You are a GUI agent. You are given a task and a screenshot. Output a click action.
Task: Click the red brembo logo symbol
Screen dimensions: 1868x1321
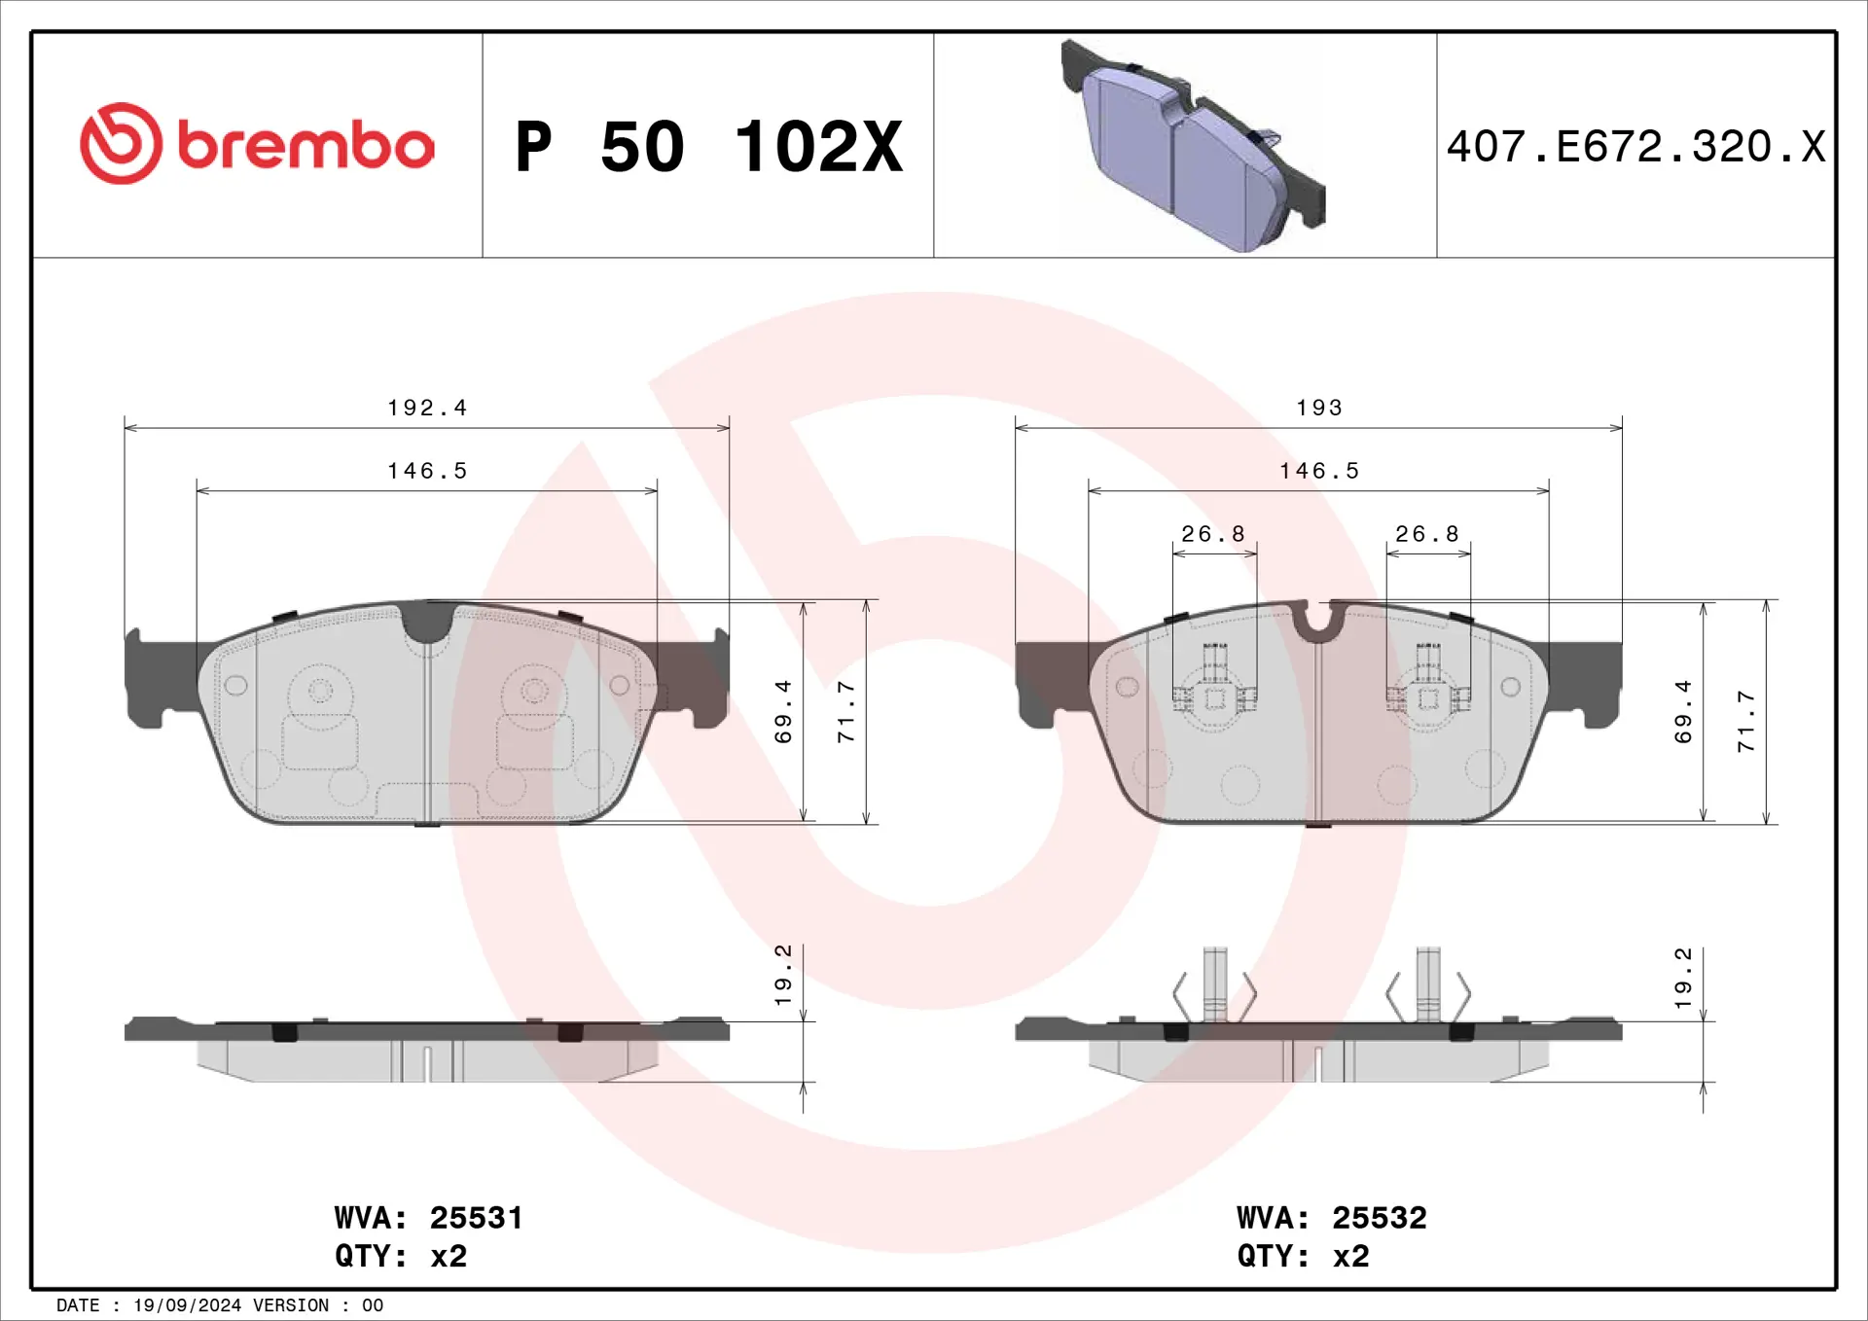click(121, 143)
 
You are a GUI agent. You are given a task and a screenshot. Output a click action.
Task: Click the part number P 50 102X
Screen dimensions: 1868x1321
click(709, 147)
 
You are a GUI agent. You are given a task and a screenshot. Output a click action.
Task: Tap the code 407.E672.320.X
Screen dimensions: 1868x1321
click(1635, 147)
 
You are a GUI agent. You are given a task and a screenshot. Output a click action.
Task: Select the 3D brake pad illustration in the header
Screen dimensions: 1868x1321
click(1194, 146)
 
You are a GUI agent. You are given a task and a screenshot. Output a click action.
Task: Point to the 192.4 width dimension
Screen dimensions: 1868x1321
click(427, 408)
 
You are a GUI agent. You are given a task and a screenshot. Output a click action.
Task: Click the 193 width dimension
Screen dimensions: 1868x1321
click(1319, 408)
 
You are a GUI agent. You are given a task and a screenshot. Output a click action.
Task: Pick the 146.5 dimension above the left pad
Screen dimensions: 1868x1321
click(427, 471)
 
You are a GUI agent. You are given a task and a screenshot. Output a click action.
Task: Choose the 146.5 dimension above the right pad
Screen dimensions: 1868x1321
click(1319, 471)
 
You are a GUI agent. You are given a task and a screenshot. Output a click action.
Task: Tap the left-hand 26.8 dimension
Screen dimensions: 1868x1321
click(1213, 534)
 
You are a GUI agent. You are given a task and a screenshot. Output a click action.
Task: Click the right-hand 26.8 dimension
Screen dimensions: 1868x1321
click(1427, 534)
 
